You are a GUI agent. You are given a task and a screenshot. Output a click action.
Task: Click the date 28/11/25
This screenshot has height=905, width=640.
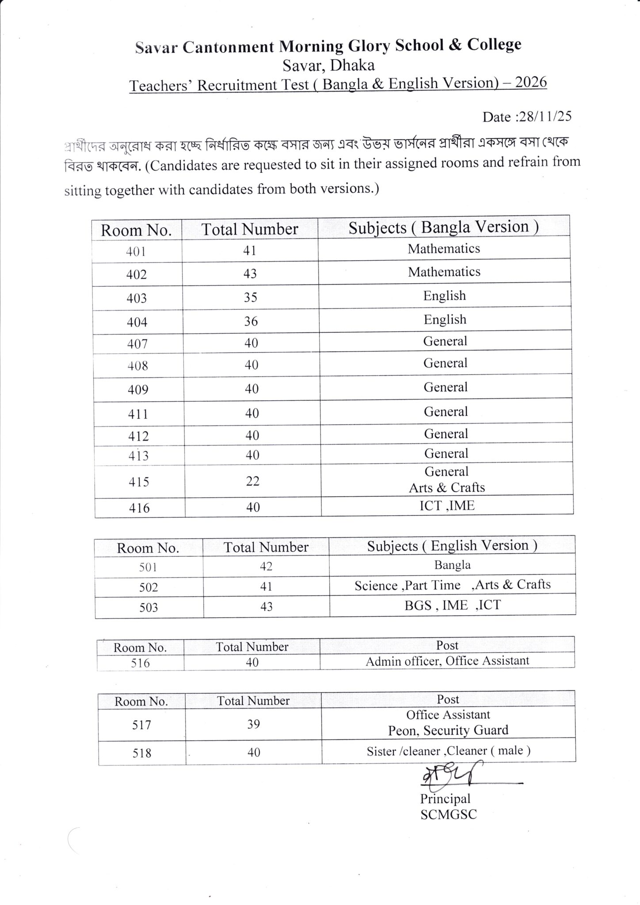545,116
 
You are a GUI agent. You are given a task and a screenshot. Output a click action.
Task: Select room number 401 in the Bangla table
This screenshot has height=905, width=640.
136,251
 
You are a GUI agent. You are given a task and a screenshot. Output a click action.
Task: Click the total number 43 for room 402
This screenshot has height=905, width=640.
250,274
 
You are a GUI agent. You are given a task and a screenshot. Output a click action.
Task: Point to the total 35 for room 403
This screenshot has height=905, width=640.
250,297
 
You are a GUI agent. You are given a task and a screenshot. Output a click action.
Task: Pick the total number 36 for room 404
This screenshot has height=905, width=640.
251,321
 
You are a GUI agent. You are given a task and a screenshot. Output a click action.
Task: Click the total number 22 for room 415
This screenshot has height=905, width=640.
252,481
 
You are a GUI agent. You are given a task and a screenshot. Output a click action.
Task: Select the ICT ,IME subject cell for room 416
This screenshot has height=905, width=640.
447,506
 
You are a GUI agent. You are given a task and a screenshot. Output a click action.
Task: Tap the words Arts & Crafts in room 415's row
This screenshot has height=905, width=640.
447,487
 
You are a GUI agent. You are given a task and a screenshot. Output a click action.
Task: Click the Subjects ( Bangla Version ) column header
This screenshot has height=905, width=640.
443,227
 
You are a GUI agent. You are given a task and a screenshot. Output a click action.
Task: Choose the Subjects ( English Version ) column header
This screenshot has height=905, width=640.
452,546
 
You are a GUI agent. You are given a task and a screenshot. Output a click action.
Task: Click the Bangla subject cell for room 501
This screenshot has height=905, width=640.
452,565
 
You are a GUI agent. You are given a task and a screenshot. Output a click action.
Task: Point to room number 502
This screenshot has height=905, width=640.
149,587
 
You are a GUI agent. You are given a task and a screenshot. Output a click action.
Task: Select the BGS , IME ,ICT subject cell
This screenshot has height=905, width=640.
453,605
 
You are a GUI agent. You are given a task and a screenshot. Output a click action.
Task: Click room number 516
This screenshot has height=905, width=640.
140,663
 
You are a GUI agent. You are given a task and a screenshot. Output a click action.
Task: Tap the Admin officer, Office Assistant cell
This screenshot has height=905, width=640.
447,661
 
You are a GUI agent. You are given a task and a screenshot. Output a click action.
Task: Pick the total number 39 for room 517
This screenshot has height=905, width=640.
253,724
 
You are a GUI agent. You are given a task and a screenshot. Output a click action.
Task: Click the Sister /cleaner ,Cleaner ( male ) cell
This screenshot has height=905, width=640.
449,751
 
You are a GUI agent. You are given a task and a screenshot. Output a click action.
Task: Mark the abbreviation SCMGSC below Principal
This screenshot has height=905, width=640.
449,815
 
